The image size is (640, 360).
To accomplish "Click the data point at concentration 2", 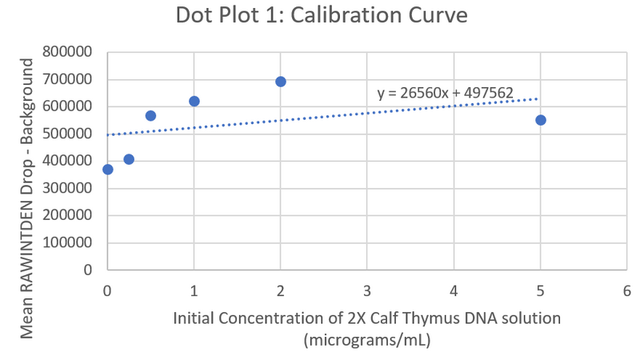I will pyautogui.click(x=281, y=82).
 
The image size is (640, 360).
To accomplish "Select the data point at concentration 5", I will pyautogui.click(x=541, y=120).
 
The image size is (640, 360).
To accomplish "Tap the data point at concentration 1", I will pyautogui.click(x=194, y=102).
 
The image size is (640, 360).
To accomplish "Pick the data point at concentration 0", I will pyautogui.click(x=108, y=170).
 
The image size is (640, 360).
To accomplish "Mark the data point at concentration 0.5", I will pyautogui.click(x=150, y=116).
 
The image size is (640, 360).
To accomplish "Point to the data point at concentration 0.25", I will pyautogui.click(x=129, y=159).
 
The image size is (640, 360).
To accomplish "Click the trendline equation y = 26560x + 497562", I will pyautogui.click(x=445, y=94).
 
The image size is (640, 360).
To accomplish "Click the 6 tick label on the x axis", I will pyautogui.click(x=626, y=291).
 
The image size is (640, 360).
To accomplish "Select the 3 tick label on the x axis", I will pyautogui.click(x=367, y=291).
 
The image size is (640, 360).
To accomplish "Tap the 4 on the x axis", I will pyautogui.click(x=454, y=291).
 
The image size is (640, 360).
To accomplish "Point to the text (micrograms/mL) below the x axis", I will pyautogui.click(x=367, y=340).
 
